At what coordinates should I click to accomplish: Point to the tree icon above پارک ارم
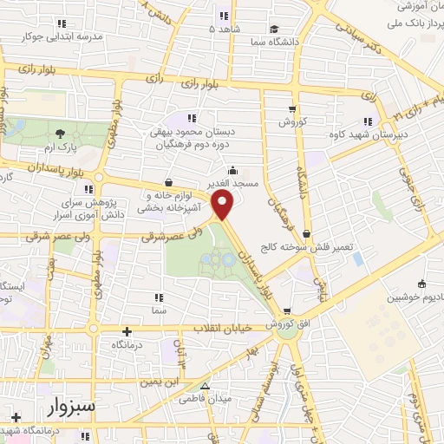60,134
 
